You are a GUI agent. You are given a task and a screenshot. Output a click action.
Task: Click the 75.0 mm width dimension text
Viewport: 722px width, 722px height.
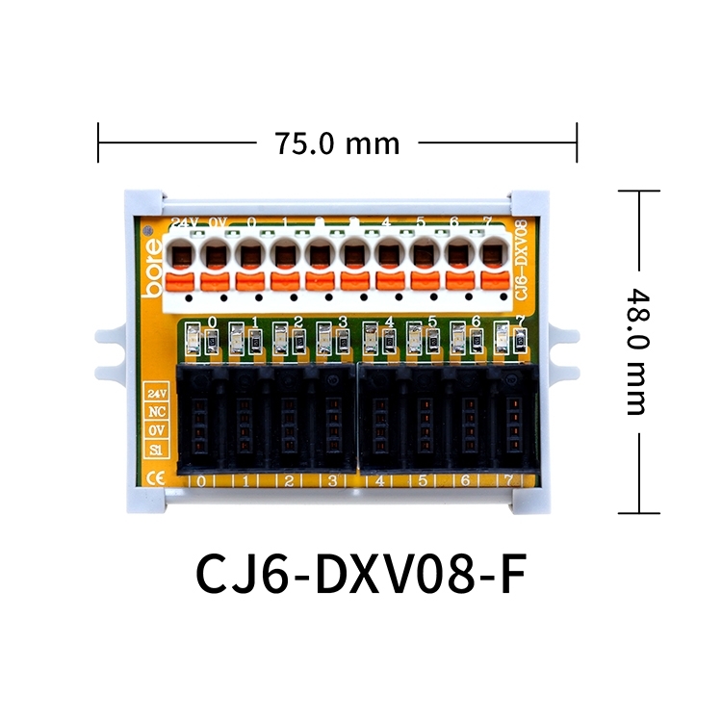(x=337, y=143)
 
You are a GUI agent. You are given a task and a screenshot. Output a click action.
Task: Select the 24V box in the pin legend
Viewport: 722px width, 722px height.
(x=156, y=393)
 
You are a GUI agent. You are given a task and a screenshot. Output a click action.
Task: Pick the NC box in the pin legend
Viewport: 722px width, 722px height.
(x=156, y=411)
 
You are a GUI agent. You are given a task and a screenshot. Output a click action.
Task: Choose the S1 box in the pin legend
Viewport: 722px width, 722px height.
(x=156, y=449)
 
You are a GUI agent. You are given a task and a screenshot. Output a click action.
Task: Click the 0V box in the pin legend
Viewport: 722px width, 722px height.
(x=156, y=430)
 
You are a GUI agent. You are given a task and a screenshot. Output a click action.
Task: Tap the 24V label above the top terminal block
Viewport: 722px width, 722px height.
(x=183, y=223)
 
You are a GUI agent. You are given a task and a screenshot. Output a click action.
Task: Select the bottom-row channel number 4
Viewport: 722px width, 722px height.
(x=380, y=480)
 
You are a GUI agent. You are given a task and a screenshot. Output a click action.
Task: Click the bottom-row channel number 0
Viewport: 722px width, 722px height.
(x=201, y=480)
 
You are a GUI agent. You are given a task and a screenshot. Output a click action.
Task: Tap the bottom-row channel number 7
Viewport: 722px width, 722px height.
(x=507, y=480)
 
